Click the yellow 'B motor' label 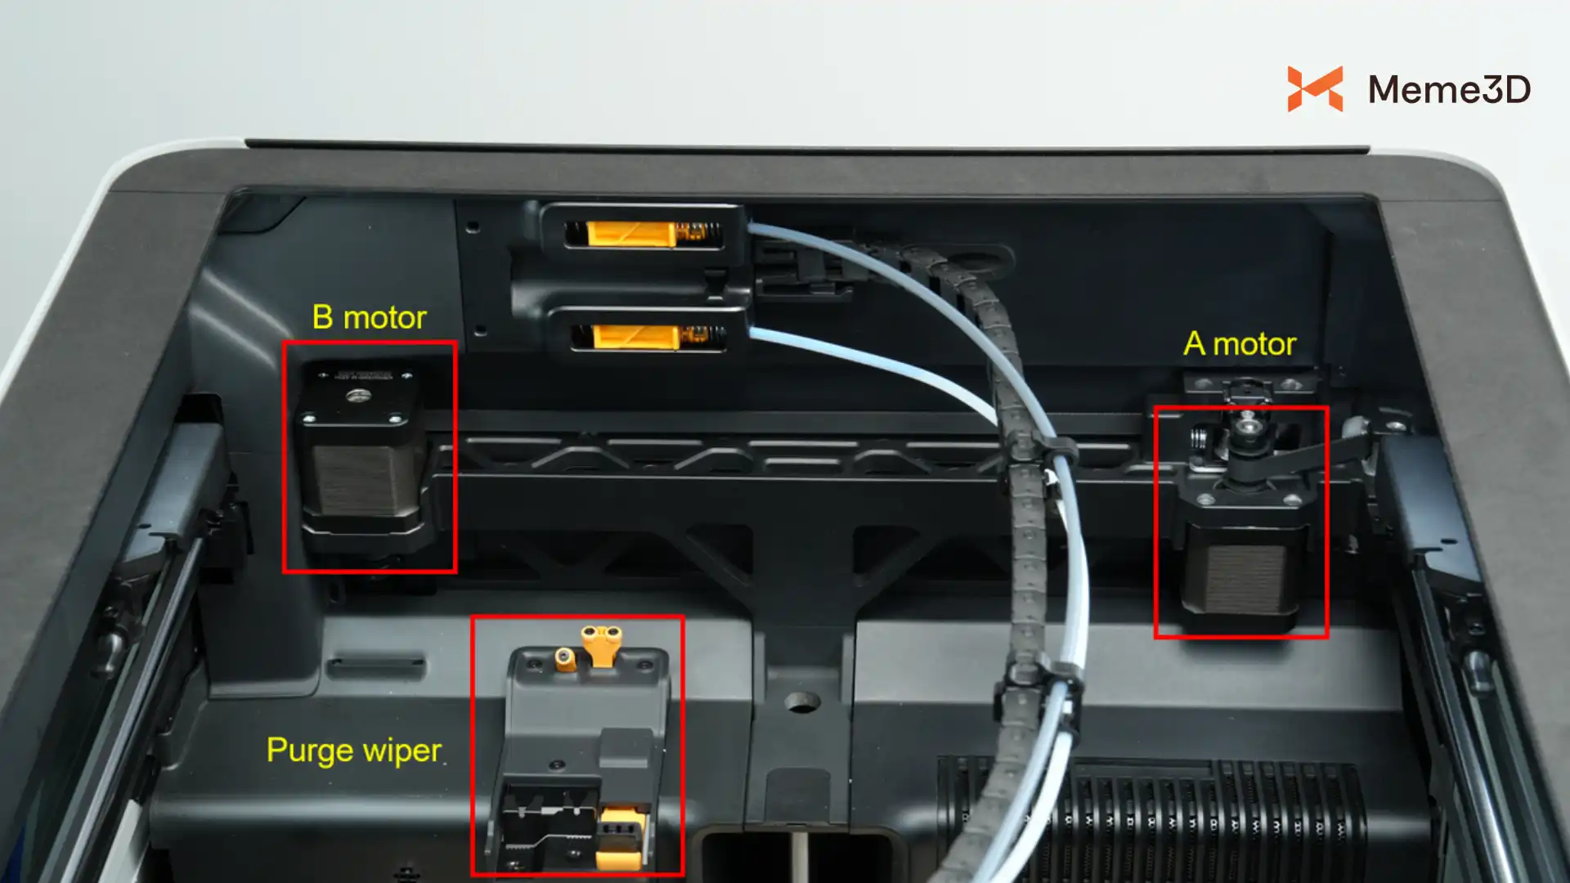click(369, 317)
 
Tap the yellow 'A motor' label click(1240, 343)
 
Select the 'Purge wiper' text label click(354, 751)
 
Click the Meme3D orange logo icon click(1315, 88)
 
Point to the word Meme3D click(1449, 89)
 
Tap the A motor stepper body click(1240, 564)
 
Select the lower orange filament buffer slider click(635, 337)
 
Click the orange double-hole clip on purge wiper click(601, 644)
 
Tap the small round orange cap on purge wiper click(565, 659)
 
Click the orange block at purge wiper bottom click(621, 838)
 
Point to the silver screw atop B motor click(357, 397)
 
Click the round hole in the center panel click(801, 701)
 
